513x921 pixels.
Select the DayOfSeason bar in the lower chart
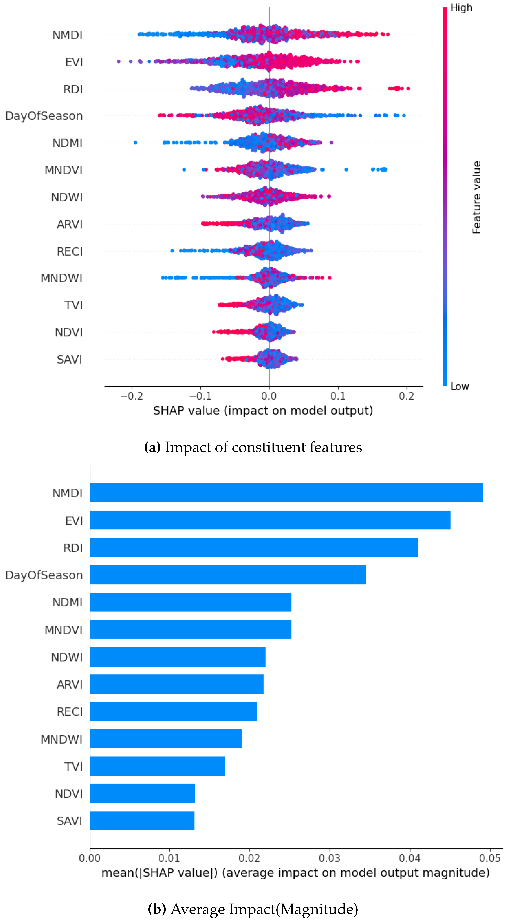point(228,575)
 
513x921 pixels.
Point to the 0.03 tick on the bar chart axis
point(329,858)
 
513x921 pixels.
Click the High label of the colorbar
point(461,8)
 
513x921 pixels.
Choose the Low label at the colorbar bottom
point(459,386)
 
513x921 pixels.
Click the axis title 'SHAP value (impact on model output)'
point(263,410)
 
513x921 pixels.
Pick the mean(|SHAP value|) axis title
point(295,873)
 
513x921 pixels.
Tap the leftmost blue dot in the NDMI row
point(135,143)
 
